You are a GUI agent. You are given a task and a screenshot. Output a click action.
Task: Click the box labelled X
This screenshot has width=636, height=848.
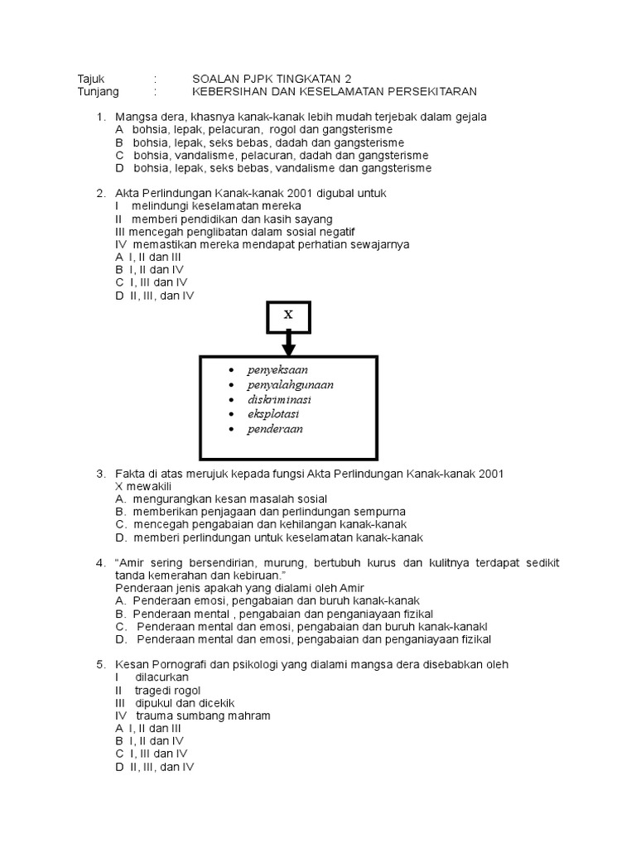[x=288, y=316]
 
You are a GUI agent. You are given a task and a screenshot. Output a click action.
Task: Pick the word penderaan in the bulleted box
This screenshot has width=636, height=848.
[x=275, y=429]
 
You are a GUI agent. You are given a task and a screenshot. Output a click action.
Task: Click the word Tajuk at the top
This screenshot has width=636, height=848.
[x=92, y=79]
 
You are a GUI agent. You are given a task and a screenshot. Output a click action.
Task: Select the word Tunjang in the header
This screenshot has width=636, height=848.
[x=99, y=91]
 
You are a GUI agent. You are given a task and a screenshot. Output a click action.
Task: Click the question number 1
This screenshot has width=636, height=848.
[x=100, y=117]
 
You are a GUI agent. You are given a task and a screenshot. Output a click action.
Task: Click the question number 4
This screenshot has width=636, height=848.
[x=100, y=563]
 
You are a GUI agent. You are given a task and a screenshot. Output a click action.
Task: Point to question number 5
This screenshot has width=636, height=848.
[x=100, y=665]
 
